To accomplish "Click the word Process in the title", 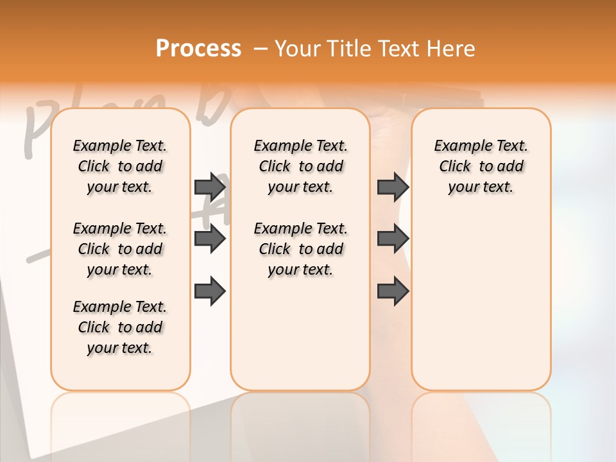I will click(x=198, y=49).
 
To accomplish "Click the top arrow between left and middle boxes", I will click(x=210, y=187).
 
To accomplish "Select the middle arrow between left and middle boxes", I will click(x=210, y=239).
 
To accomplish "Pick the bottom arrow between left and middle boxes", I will click(x=210, y=291).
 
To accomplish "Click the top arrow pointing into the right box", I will click(x=393, y=187).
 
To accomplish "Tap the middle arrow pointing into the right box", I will click(x=393, y=239).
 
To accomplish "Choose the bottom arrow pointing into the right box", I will click(x=393, y=291).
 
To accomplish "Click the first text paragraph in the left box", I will click(x=120, y=166).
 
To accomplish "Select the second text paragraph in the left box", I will click(x=120, y=249).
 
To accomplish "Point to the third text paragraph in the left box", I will click(x=120, y=327).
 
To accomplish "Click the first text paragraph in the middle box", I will click(x=300, y=166).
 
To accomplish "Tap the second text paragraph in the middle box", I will click(x=300, y=249).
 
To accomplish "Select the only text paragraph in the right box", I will click(x=481, y=166).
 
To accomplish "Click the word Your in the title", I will click(x=298, y=49).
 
